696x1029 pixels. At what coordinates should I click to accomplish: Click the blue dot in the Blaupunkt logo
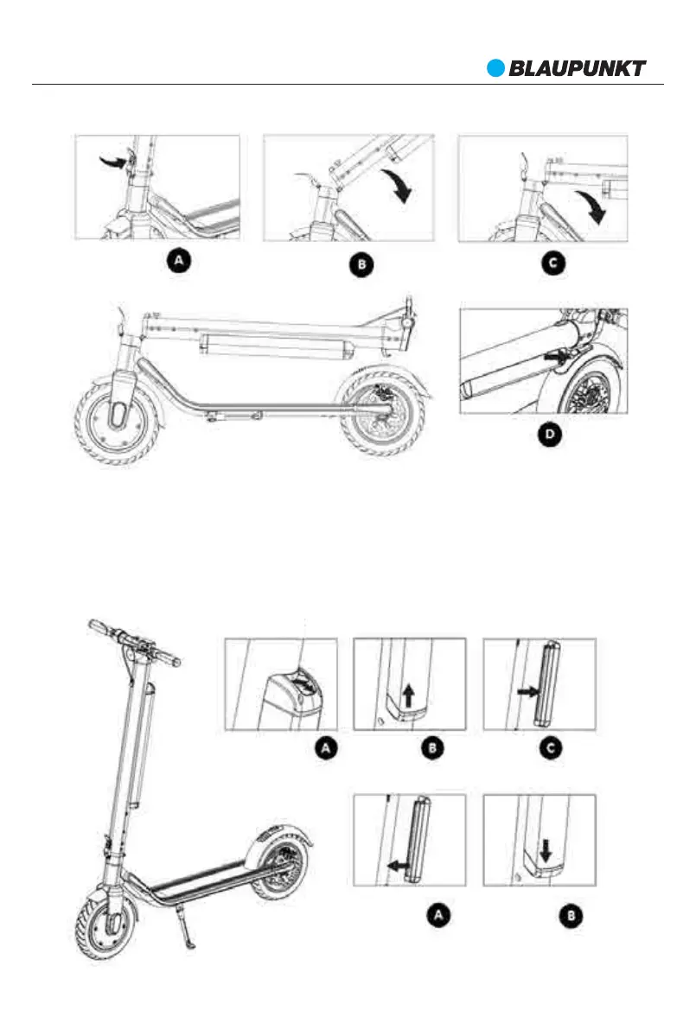pyautogui.click(x=495, y=67)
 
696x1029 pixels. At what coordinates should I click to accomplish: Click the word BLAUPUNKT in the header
pyautogui.click(x=577, y=68)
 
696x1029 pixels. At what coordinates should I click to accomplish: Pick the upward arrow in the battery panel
pyautogui.click(x=411, y=692)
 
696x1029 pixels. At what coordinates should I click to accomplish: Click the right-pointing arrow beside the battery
pyautogui.click(x=527, y=691)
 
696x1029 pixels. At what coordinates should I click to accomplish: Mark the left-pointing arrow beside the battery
pyautogui.click(x=398, y=863)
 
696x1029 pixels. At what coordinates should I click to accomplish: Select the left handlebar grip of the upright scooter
pyautogui.click(x=102, y=625)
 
